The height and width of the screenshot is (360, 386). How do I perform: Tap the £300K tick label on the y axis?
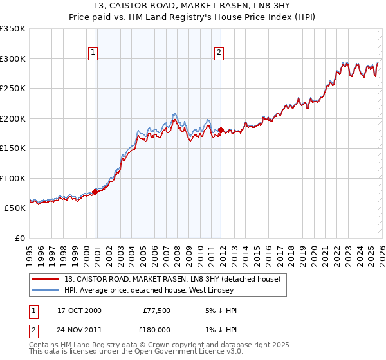tap(13, 59)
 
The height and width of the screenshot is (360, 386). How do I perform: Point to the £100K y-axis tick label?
tap(13, 178)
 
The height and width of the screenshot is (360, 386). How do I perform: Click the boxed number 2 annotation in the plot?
tap(219, 53)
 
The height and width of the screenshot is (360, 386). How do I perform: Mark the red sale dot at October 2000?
tap(95, 191)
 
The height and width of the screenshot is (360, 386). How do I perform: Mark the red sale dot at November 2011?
tap(221, 130)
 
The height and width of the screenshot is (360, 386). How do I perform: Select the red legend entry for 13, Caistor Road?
tap(172, 280)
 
